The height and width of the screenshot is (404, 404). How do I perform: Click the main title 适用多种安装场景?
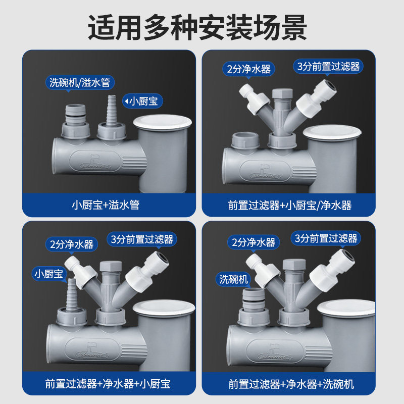click(197, 27)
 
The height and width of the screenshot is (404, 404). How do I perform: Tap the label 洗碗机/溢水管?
click(80, 82)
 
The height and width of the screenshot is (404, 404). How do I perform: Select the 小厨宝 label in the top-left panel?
click(142, 101)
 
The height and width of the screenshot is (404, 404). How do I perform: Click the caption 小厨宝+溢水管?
click(106, 205)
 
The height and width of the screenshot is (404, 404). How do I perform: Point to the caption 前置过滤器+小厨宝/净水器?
click(289, 206)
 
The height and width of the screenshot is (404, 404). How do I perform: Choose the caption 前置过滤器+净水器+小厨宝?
click(108, 384)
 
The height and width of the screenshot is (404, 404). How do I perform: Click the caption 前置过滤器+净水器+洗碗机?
click(291, 384)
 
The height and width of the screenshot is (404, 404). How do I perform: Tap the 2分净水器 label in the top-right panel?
click(248, 69)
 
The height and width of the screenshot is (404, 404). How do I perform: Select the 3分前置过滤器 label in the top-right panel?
click(328, 67)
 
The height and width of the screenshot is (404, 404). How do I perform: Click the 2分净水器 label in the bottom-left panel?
click(72, 244)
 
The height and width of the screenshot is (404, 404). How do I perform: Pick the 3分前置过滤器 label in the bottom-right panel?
click(326, 238)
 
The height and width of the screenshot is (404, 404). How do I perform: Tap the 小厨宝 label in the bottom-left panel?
click(49, 274)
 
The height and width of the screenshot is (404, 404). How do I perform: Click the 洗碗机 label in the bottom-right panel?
click(233, 279)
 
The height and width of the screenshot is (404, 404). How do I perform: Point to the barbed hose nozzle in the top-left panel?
click(112, 110)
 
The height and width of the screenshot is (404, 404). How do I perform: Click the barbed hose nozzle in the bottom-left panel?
click(71, 294)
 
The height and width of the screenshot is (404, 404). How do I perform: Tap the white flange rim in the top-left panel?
click(162, 122)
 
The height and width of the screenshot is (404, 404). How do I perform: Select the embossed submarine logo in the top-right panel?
click(264, 172)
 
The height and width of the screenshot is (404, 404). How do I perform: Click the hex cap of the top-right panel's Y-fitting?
click(282, 93)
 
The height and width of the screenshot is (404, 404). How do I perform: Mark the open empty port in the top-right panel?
click(245, 140)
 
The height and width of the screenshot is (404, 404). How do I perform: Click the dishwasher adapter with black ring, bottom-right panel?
click(254, 299)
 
